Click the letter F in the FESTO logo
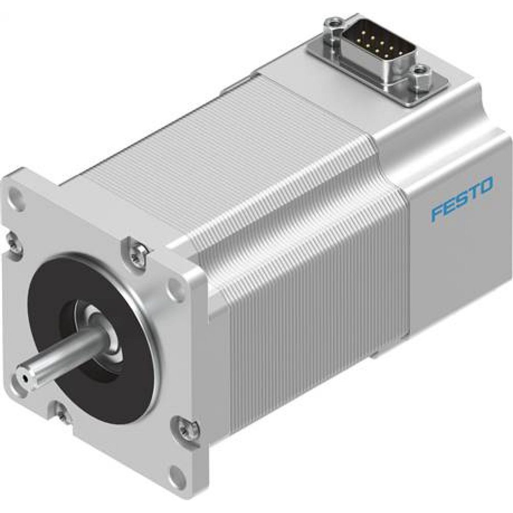pyautogui.click(x=437, y=212)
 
